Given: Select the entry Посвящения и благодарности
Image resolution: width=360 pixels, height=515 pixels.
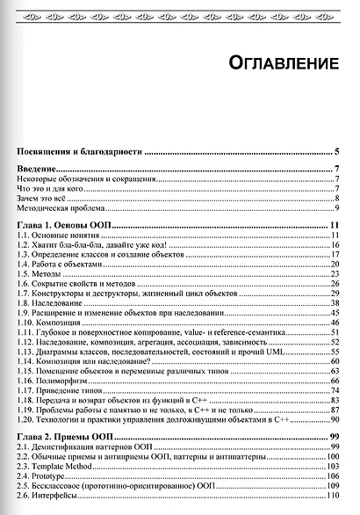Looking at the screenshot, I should [x=79, y=152].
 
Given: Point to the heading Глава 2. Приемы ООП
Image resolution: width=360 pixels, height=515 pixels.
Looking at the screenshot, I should [x=71, y=437].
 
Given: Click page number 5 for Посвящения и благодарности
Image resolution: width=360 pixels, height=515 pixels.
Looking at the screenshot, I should [x=337, y=152].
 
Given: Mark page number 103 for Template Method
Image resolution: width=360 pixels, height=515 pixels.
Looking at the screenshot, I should [x=334, y=467].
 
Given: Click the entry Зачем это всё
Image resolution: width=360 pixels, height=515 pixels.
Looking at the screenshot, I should [x=43, y=199].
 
